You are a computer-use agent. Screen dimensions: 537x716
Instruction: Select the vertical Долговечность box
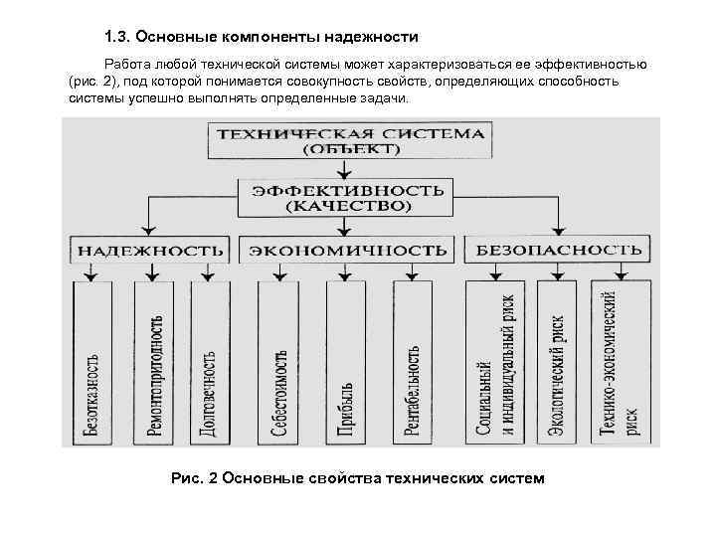pyautogui.click(x=208, y=363)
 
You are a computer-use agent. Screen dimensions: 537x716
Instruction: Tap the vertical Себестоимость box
pyautogui.click(x=278, y=363)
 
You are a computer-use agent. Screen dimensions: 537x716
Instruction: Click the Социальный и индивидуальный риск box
pyautogui.click(x=494, y=363)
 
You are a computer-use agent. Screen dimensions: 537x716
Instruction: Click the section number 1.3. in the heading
pyautogui.click(x=118, y=37)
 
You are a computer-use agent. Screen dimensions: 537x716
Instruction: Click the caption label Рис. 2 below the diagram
pyautogui.click(x=194, y=478)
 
